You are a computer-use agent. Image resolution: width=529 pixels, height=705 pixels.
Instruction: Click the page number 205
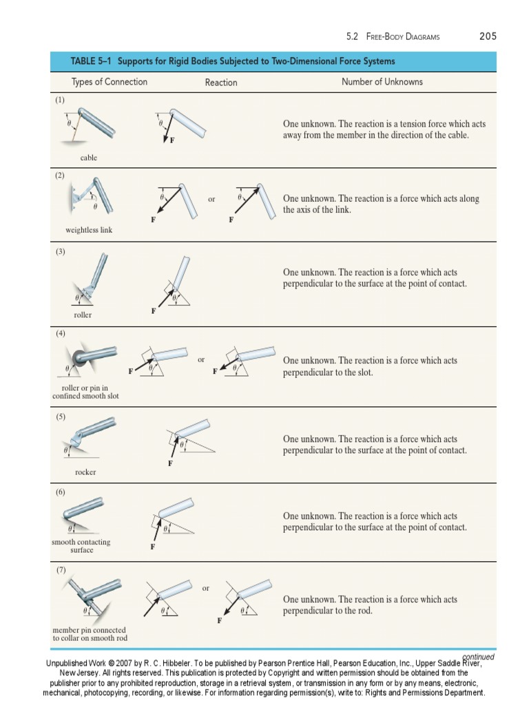pos(488,36)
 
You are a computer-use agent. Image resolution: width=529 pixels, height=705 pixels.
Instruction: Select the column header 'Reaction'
pos(221,83)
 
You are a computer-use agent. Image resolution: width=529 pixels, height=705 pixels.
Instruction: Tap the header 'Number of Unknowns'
pos(382,82)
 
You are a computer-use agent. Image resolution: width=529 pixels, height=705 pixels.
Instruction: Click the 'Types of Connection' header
pos(110,82)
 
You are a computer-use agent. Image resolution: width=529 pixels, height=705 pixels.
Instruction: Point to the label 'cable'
pos(89,158)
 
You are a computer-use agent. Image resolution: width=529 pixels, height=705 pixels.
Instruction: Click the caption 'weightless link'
pos(89,230)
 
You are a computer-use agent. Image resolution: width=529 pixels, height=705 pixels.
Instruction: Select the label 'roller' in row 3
pos(83,315)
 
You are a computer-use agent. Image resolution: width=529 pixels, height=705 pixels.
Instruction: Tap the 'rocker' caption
pos(85,472)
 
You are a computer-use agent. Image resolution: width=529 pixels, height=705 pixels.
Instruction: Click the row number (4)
pos(61,333)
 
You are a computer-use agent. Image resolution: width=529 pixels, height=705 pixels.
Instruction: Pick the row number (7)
pos(61,570)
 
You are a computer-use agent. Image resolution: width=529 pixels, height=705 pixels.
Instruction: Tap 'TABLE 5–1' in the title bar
pos(91,61)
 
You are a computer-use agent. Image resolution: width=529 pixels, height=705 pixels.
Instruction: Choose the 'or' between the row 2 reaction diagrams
pos(211,199)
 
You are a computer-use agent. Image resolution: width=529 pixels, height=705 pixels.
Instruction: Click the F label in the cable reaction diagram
pos(172,141)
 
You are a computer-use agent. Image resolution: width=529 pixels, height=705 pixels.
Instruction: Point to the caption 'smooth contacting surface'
pos(81,546)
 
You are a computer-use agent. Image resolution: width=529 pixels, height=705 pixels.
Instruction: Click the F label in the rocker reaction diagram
pos(169,464)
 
